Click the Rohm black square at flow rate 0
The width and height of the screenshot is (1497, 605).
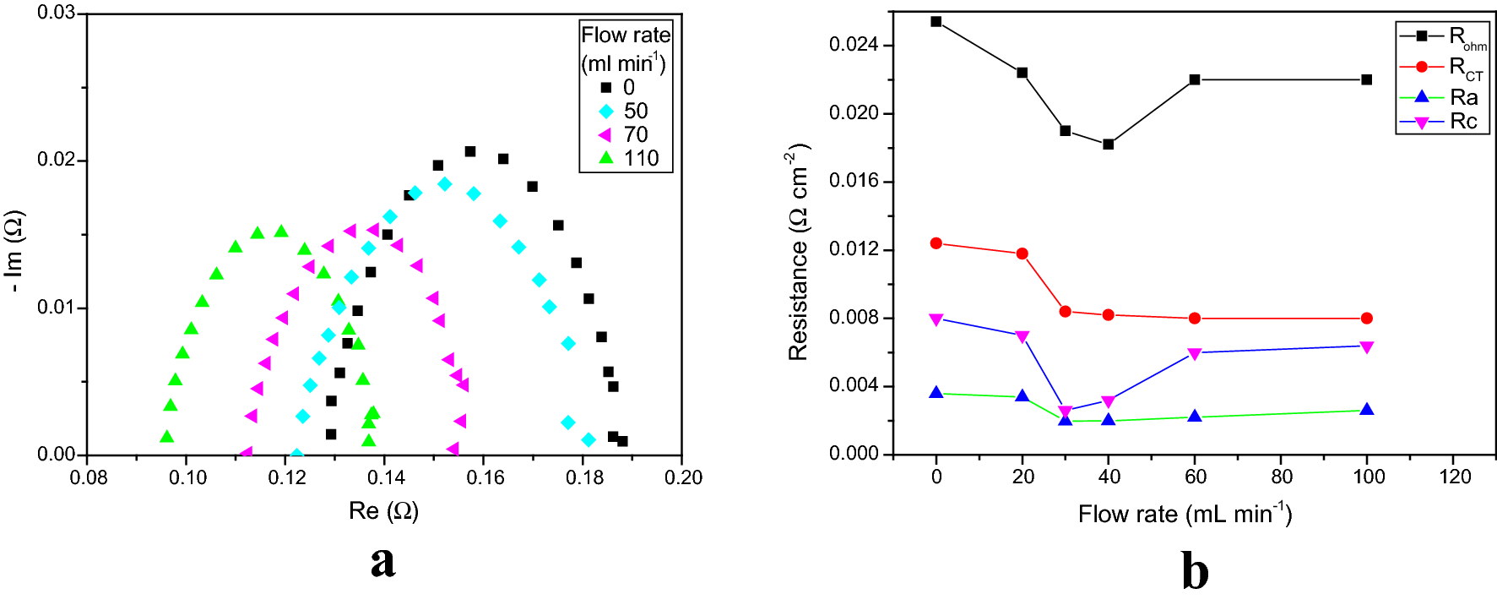(x=936, y=22)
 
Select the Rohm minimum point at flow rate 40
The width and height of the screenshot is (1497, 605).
(x=1108, y=144)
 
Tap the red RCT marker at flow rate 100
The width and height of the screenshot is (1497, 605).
(x=1367, y=319)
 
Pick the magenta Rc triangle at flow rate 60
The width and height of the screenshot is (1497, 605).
(x=1194, y=353)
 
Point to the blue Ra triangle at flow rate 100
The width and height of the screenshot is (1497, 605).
(x=1367, y=410)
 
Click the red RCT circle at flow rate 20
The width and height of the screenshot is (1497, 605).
(x=1022, y=253)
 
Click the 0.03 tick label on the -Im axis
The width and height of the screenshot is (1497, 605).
(x=56, y=14)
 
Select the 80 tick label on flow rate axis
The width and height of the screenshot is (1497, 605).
(x=1281, y=477)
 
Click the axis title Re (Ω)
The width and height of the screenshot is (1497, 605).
(x=383, y=510)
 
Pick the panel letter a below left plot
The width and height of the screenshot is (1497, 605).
(x=382, y=562)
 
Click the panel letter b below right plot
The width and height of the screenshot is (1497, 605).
(x=1194, y=571)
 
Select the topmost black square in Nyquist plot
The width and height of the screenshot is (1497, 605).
(x=470, y=152)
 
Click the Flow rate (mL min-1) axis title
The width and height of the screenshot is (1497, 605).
(x=1184, y=514)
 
